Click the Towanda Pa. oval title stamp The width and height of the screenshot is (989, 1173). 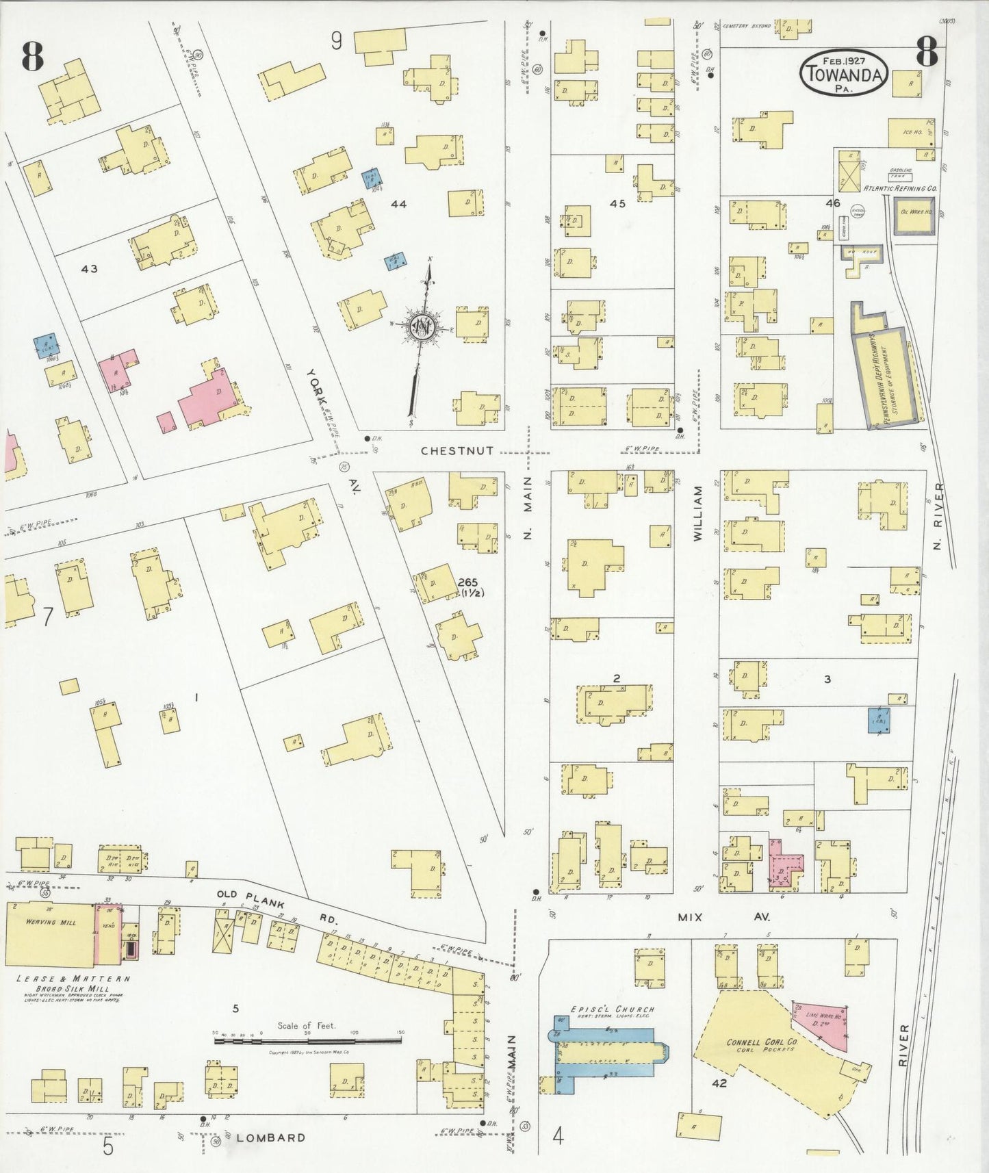[x=843, y=73]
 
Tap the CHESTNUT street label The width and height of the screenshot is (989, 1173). [x=457, y=450]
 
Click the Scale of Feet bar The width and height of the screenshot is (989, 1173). [x=309, y=1040]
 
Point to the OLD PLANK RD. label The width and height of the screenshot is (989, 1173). [x=277, y=904]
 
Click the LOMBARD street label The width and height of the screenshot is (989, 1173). [x=271, y=1137]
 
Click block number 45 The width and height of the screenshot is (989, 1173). [x=617, y=203]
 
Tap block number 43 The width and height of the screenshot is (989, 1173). [x=89, y=269]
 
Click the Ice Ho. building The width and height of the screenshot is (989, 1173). [x=910, y=133]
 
